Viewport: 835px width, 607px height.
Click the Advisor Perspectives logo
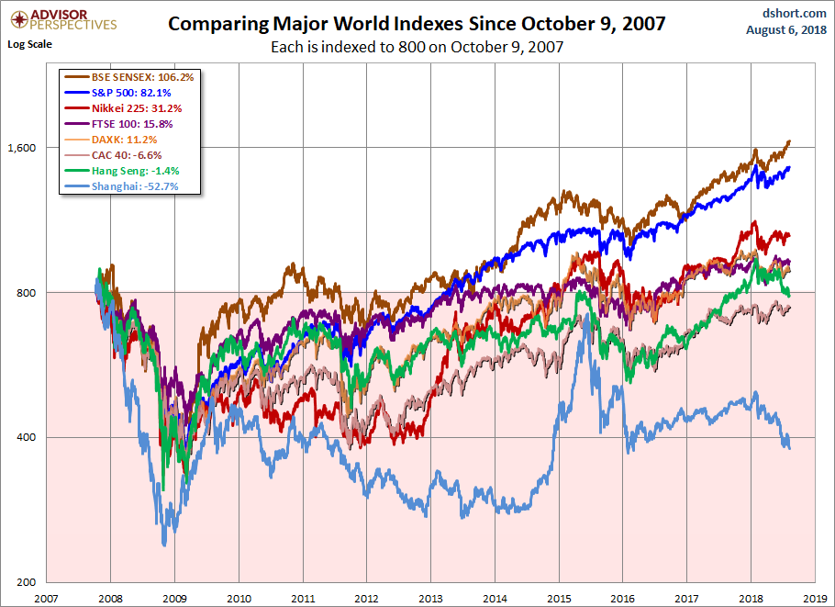(x=61, y=19)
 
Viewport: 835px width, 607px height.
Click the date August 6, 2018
(x=785, y=30)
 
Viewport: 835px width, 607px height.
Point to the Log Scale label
(x=29, y=43)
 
